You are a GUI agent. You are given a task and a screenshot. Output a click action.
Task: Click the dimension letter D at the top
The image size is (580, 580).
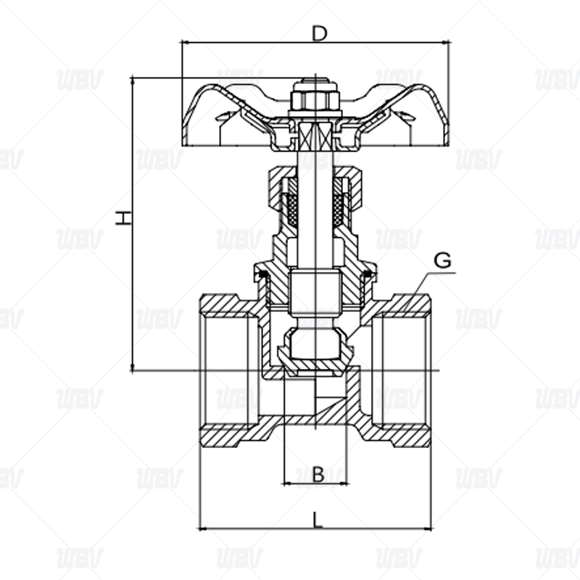[x=319, y=33]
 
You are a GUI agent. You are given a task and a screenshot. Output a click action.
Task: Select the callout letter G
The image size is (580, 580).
[x=442, y=260]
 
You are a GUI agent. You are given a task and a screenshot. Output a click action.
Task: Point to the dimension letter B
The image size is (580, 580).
[x=318, y=474]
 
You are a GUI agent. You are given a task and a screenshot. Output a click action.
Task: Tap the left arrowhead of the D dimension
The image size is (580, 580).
[x=184, y=43]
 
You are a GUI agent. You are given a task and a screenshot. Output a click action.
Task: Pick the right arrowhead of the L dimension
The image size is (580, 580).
[x=427, y=529]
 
